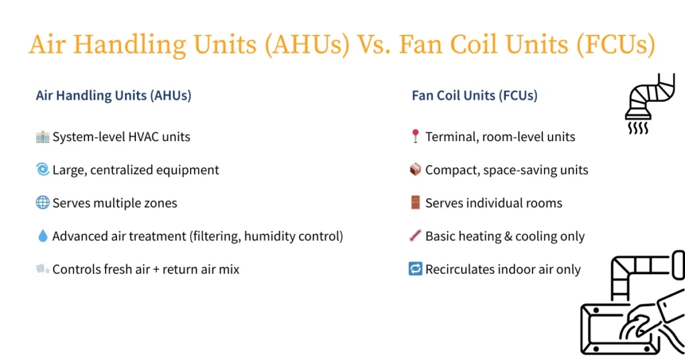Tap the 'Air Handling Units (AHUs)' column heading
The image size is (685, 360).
(113, 96)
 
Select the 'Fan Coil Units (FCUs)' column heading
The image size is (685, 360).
(474, 96)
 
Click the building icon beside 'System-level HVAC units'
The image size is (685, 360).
(42, 137)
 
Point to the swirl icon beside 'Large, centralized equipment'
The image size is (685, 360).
(42, 170)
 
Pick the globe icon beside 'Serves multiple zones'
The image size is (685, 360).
(42, 203)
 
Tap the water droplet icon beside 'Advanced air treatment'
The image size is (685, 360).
(42, 236)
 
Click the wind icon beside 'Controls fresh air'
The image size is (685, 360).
(42, 269)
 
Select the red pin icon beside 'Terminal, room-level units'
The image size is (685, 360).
(415, 137)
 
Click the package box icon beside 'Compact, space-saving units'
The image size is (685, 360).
(415, 170)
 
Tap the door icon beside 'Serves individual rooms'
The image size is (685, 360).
(415, 203)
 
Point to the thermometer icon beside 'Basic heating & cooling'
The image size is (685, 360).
(415, 236)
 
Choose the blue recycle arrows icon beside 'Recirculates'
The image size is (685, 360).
(415, 269)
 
